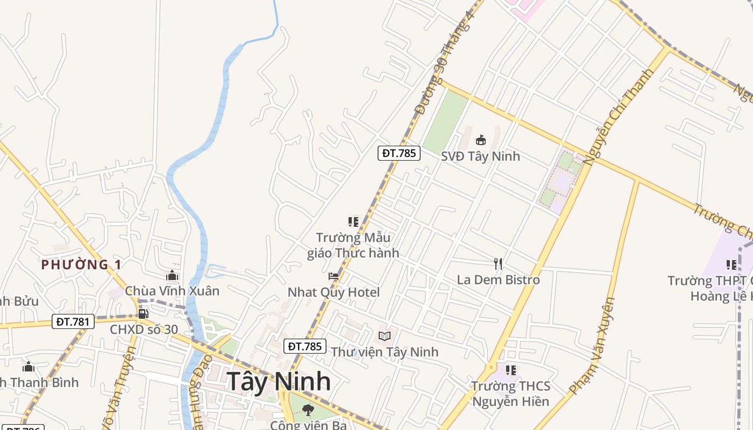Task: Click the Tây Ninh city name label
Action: click(279, 381)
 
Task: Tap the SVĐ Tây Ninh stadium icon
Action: click(481, 140)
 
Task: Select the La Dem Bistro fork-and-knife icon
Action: click(498, 263)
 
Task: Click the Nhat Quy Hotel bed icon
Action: click(333, 276)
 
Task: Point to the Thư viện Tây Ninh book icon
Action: click(385, 336)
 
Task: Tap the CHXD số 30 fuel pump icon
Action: click(143, 313)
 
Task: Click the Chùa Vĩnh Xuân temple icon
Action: click(172, 276)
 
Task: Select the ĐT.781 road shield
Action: click(74, 321)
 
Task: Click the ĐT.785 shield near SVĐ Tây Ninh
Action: click(399, 153)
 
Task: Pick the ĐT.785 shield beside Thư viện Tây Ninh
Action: click(305, 346)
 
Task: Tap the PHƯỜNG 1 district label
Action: click(81, 264)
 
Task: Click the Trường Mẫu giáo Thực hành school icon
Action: click(353, 221)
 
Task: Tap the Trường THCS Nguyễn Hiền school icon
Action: click(511, 370)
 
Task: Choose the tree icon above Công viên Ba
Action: click(308, 410)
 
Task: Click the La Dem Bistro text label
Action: click(498, 280)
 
